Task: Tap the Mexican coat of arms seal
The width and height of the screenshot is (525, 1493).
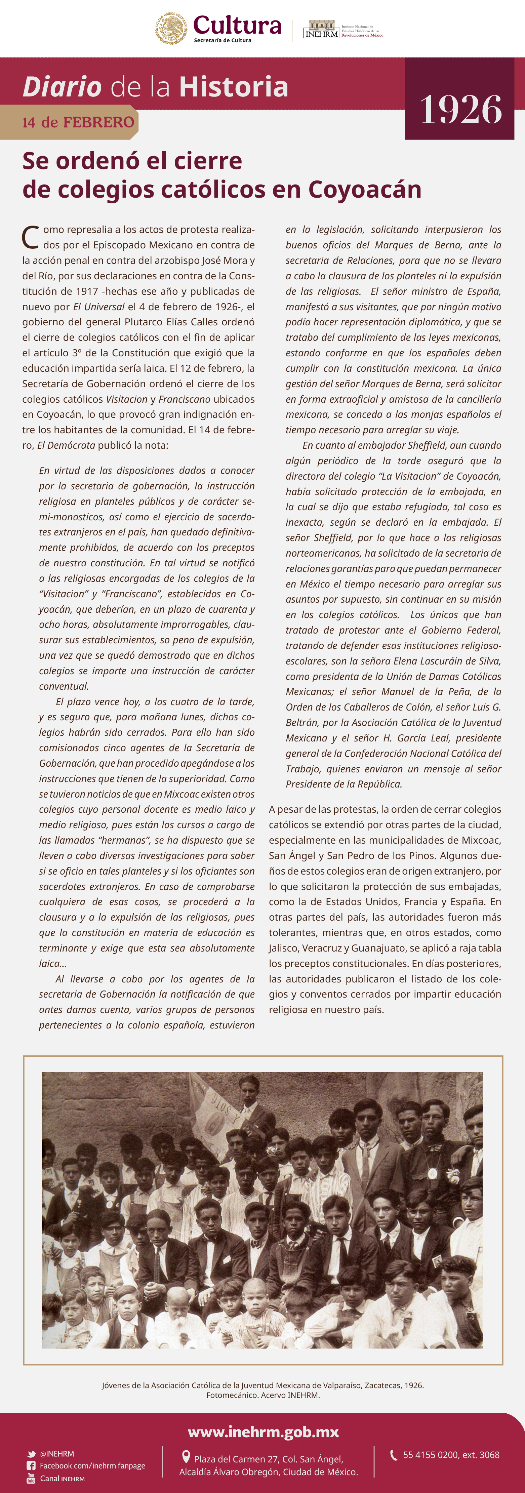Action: [171, 28]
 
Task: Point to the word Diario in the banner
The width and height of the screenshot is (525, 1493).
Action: [62, 87]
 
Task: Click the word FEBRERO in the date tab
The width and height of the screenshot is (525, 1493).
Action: [98, 122]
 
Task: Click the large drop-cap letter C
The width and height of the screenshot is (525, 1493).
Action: [30, 237]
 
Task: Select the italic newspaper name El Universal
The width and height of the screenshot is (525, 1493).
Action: [98, 307]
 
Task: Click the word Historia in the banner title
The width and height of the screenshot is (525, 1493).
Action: [234, 87]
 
